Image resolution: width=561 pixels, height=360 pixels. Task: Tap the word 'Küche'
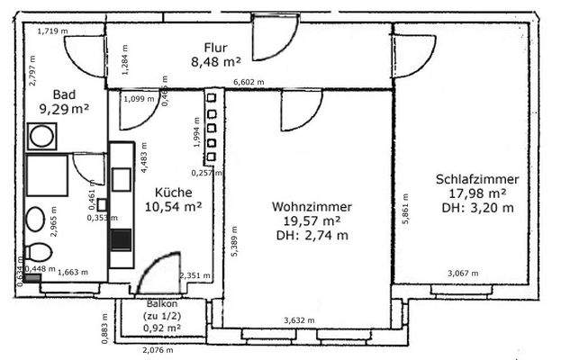coord(172,192)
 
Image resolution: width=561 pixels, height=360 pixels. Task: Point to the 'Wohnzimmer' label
coord(312,206)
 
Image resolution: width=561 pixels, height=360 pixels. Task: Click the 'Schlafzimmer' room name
coord(476,178)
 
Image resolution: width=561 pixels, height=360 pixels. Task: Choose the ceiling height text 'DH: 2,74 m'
coord(312,235)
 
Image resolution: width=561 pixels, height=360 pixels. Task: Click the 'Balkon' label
coord(161,304)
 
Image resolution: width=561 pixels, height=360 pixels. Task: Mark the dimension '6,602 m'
coord(249,83)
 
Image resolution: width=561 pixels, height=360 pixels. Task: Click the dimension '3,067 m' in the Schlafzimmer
coord(463,273)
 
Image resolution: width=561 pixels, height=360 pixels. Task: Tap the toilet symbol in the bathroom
coord(38,252)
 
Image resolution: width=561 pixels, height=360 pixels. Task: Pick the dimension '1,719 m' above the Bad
coord(52,31)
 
